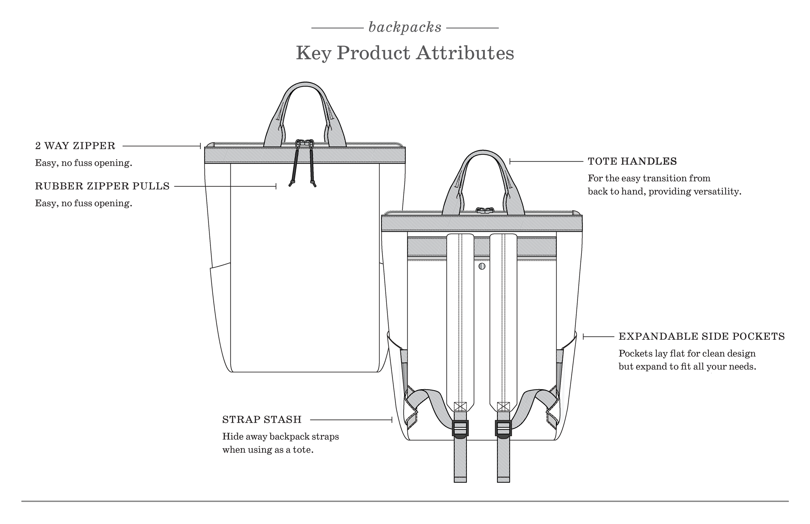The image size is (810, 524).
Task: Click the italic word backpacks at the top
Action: pyautogui.click(x=405, y=28)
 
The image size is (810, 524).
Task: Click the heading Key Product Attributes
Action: pyautogui.click(x=405, y=53)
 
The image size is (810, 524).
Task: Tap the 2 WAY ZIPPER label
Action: pyautogui.click(x=75, y=146)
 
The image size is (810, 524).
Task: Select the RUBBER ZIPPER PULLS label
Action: pyautogui.click(x=102, y=187)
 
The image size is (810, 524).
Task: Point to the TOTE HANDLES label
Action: pyautogui.click(x=632, y=161)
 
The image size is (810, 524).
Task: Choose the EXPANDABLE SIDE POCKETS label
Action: pyautogui.click(x=701, y=336)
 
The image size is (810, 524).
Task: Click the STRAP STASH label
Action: pyautogui.click(x=262, y=419)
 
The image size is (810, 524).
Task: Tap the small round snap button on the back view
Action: pyautogui.click(x=482, y=266)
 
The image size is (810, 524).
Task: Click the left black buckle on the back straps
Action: pyautogui.click(x=460, y=428)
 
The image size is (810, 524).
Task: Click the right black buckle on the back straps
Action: pyautogui.click(x=503, y=428)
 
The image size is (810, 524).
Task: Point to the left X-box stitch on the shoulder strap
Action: pyautogui.click(x=460, y=406)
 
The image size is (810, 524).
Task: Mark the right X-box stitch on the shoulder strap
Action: pyautogui.click(x=503, y=406)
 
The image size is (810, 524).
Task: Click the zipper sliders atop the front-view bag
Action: pyautogui.click(x=305, y=143)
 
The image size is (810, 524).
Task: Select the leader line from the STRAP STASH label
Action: pyautogui.click(x=351, y=420)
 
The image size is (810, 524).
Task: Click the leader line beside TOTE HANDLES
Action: pyautogui.click(x=546, y=161)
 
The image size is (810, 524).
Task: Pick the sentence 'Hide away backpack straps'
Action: pyautogui.click(x=281, y=437)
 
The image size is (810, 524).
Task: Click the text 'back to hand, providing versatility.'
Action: pyautogui.click(x=664, y=192)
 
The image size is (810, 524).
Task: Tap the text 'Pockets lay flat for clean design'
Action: pyautogui.click(x=687, y=354)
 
